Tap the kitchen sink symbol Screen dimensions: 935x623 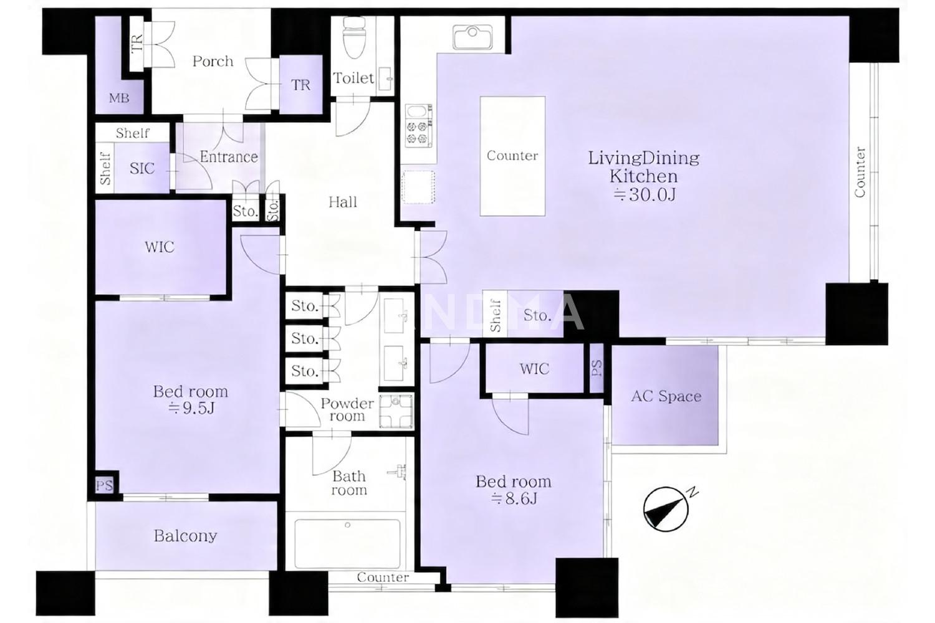(x=472, y=37)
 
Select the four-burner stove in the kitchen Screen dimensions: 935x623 (x=419, y=126)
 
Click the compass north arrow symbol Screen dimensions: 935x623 (x=666, y=508)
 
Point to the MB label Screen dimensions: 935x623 (x=119, y=98)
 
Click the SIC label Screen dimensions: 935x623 (x=142, y=169)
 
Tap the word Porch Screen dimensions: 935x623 (x=213, y=62)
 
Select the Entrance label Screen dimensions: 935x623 (x=229, y=157)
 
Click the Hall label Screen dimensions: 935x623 (x=343, y=202)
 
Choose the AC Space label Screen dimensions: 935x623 (x=666, y=396)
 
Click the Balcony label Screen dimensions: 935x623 (x=185, y=536)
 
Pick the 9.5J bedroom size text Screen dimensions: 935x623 (x=191, y=408)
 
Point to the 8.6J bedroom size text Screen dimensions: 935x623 (x=514, y=498)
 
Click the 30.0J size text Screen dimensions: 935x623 (x=644, y=194)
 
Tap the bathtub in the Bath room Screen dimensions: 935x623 (x=347, y=544)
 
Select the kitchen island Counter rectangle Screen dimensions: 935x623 (x=512, y=156)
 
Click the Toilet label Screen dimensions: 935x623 (x=353, y=78)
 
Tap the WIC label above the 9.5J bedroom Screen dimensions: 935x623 (x=160, y=247)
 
